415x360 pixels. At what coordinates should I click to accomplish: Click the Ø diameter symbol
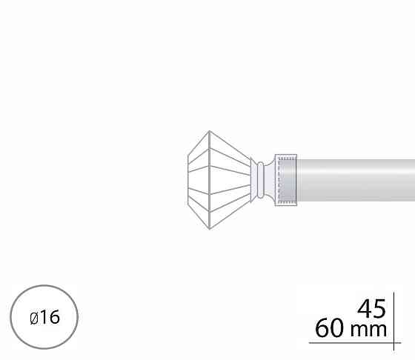tap(34, 318)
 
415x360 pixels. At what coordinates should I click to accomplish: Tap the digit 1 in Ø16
tap(43, 317)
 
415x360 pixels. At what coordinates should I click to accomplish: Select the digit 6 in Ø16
tap(55, 317)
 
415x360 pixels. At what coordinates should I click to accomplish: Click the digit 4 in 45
tap(365, 308)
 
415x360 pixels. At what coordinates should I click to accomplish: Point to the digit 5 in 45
tap(379, 309)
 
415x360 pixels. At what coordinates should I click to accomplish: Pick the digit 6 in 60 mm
tap(322, 328)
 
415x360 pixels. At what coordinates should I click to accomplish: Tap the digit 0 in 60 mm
tap(337, 328)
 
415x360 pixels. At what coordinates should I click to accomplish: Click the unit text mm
tap(369, 330)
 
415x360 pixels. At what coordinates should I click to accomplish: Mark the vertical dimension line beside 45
tap(394, 321)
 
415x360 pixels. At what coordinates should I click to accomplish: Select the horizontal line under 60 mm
tap(355, 343)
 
